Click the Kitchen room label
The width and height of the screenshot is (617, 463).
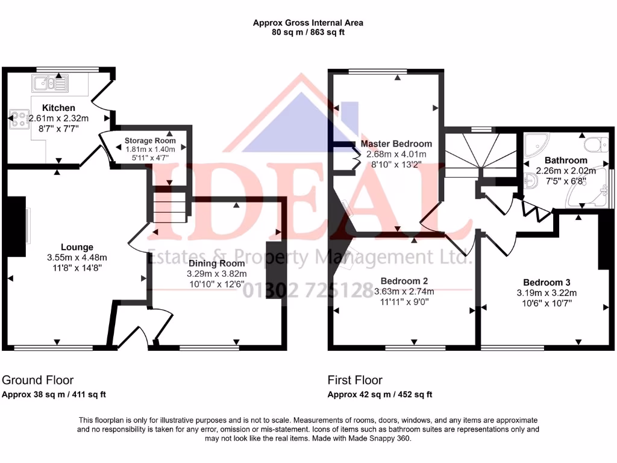point(58,108)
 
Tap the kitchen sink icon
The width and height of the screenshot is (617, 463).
point(51,83)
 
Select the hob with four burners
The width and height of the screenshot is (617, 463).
point(17,119)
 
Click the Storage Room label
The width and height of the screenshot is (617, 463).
point(150,140)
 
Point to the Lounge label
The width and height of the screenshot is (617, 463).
point(77,247)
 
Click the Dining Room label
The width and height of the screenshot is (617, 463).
point(217,263)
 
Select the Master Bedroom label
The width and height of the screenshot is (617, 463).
point(396,143)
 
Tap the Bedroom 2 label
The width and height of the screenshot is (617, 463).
point(404,281)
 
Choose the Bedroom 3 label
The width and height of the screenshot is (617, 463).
point(547,282)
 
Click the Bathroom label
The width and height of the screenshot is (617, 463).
point(566,160)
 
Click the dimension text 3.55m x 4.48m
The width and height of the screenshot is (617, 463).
point(77,257)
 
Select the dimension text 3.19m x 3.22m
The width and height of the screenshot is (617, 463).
point(547,293)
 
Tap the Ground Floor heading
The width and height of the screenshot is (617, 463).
point(37,380)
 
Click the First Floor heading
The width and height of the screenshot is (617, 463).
point(355,380)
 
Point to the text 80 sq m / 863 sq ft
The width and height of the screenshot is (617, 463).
point(308,33)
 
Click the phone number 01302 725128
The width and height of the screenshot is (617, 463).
point(308,291)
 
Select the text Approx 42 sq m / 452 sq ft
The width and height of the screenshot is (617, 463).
point(380,395)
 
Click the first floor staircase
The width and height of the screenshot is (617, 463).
point(479,154)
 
